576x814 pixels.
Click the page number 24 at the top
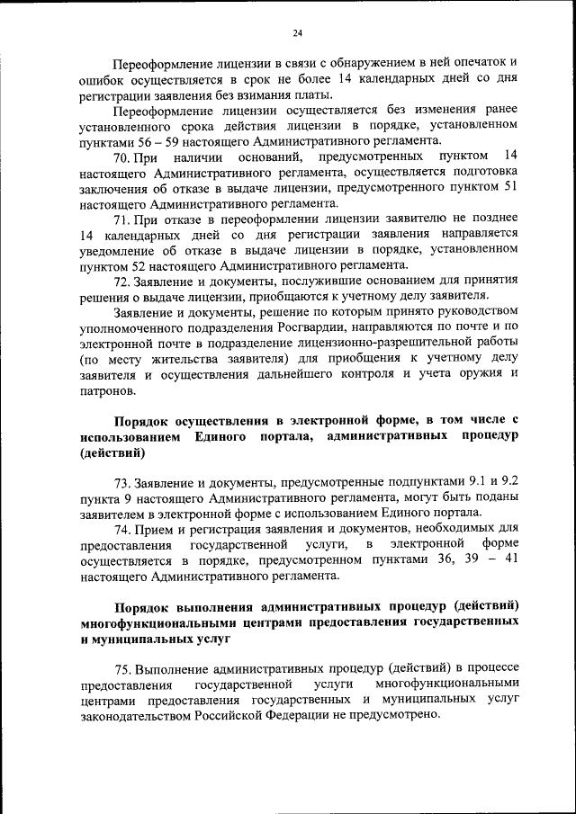click(x=297, y=33)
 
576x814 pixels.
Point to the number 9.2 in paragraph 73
click(x=508, y=481)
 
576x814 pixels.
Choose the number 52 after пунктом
click(x=149, y=264)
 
